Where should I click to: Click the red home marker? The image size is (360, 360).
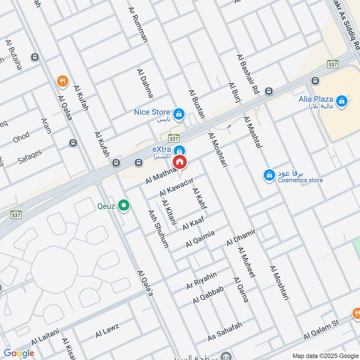(180, 162)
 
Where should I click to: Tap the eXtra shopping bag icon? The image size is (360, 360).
(180, 150)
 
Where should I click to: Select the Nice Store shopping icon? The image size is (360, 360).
(180, 113)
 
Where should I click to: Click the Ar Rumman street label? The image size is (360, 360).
(138, 24)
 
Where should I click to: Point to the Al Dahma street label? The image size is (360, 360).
(145, 84)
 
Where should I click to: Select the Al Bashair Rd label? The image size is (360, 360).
(248, 74)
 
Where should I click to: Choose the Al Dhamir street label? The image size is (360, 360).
(241, 237)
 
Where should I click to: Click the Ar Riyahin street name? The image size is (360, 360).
(202, 280)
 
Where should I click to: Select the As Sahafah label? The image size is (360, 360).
(225, 331)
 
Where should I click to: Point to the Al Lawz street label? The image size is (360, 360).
(107, 331)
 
